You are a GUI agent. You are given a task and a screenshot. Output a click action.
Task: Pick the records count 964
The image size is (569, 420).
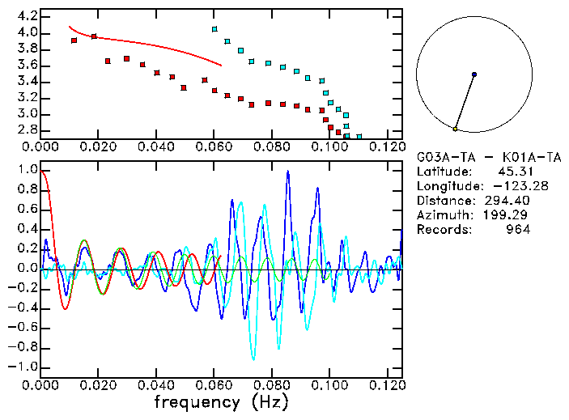coord(516,230)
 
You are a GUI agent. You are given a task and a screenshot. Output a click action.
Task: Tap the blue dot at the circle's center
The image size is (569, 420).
coord(474,74)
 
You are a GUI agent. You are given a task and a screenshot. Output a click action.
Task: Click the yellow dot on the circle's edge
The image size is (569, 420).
coord(456,129)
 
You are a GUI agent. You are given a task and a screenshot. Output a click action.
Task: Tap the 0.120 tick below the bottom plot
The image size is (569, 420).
coord(387,385)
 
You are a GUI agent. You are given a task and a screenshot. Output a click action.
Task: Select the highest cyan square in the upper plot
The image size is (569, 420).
coord(214,29)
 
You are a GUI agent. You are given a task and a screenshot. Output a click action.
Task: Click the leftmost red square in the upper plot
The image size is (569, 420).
coord(74,40)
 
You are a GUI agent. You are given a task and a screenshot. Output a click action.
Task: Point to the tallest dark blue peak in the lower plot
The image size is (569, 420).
coord(287,172)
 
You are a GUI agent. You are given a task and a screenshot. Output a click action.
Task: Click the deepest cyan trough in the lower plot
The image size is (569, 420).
coord(253,358)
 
